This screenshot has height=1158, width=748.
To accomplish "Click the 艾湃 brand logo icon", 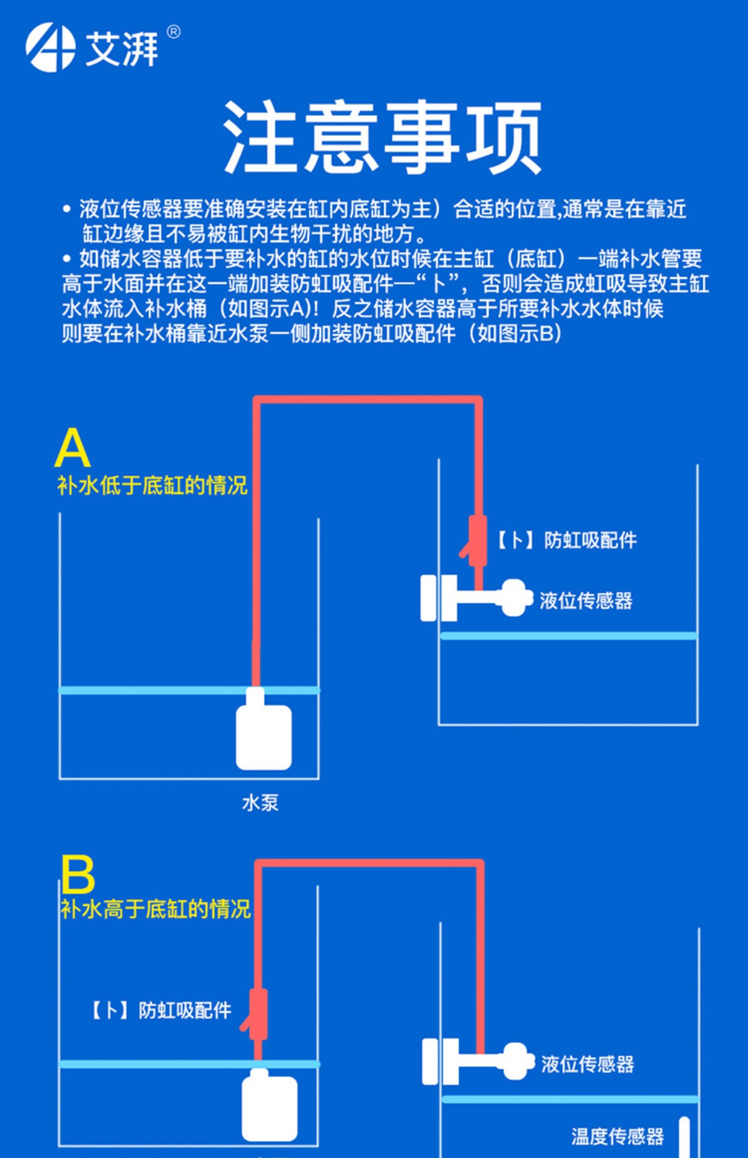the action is (50, 47).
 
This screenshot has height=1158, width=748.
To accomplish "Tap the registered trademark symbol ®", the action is (173, 32).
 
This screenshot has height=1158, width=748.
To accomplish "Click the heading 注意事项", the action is (382, 138).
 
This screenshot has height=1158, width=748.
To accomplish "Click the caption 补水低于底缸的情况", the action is (153, 486).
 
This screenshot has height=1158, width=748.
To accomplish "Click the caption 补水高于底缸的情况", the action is (155, 909).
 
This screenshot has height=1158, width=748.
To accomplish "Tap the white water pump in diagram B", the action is (269, 1107).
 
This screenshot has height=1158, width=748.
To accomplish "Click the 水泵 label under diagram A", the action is (260, 803).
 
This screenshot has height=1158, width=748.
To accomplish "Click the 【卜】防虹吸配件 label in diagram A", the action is (566, 540).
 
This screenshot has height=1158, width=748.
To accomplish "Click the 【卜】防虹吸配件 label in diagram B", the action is (160, 1010).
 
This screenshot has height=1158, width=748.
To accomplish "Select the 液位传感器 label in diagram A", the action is (586, 601).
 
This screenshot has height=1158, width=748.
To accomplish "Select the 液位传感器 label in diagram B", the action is (588, 1065).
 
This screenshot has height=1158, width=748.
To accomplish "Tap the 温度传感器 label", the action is (617, 1137).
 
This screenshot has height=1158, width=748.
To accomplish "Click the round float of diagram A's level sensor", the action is (515, 598).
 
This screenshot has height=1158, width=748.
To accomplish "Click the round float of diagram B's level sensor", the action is (515, 1061).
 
